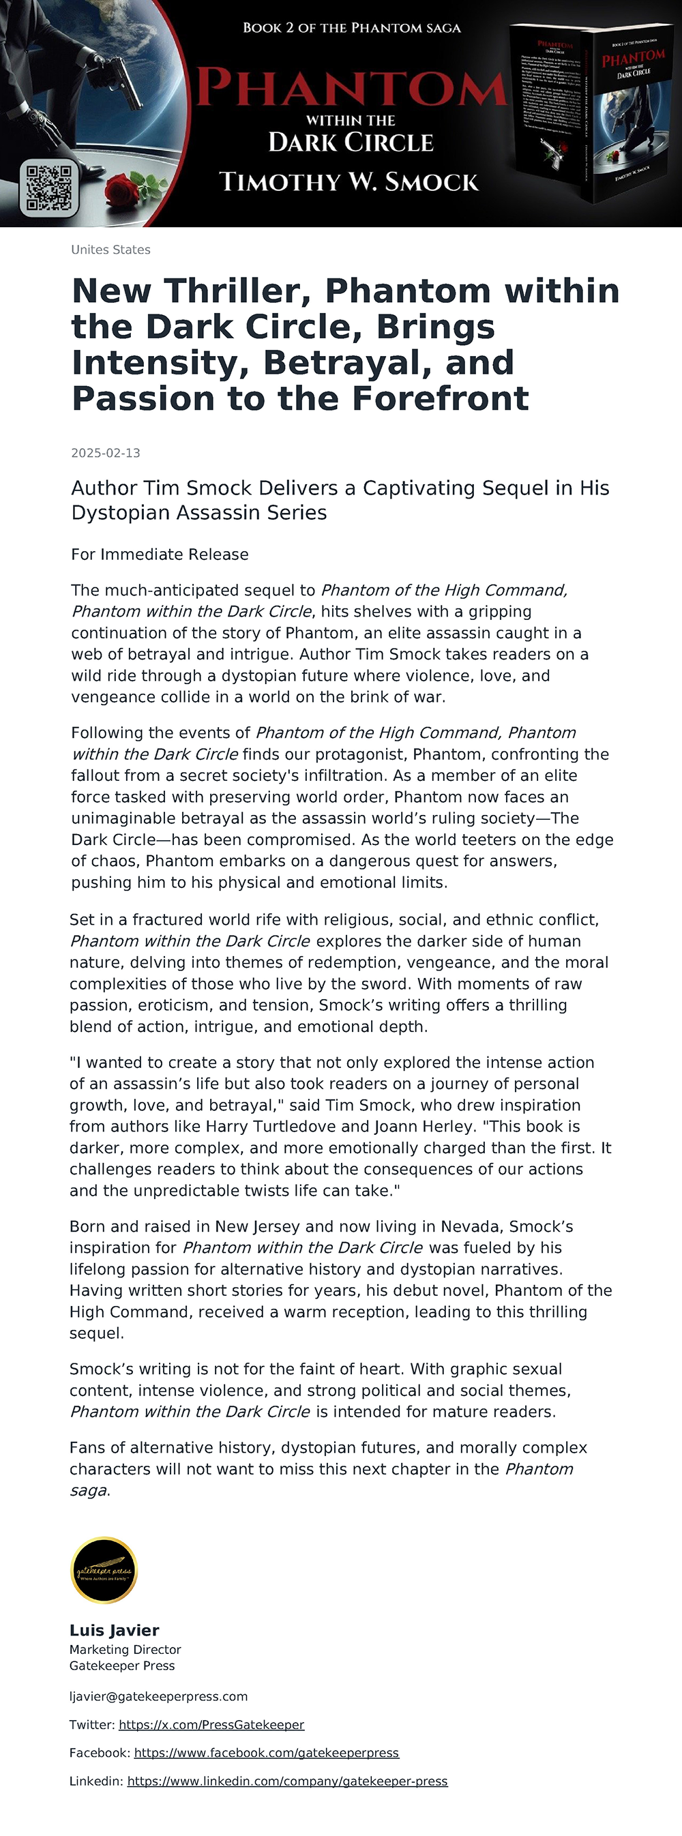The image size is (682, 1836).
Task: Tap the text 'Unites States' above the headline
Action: point(110,250)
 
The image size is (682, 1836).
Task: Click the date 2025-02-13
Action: point(106,454)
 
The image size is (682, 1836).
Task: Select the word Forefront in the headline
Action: point(441,398)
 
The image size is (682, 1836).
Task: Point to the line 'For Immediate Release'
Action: point(160,554)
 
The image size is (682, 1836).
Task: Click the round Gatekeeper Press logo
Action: point(104,1570)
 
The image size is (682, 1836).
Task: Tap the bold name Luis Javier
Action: point(114,1631)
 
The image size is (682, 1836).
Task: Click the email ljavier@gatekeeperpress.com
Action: point(158,1696)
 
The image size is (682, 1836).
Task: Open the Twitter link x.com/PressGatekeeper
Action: point(211,1725)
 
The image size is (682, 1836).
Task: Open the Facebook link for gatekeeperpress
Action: point(266,1753)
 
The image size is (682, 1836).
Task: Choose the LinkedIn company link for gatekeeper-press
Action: point(287,1781)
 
